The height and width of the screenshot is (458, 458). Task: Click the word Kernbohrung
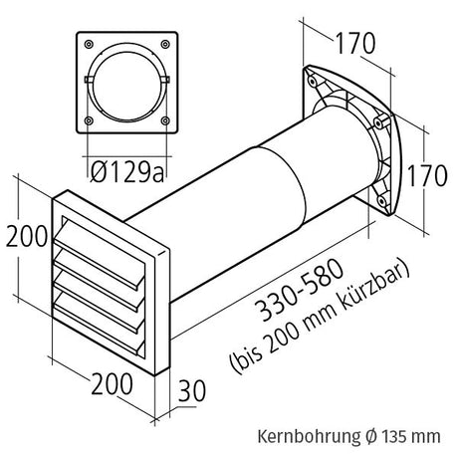point(301,436)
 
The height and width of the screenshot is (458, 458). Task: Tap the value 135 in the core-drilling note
point(398,436)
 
